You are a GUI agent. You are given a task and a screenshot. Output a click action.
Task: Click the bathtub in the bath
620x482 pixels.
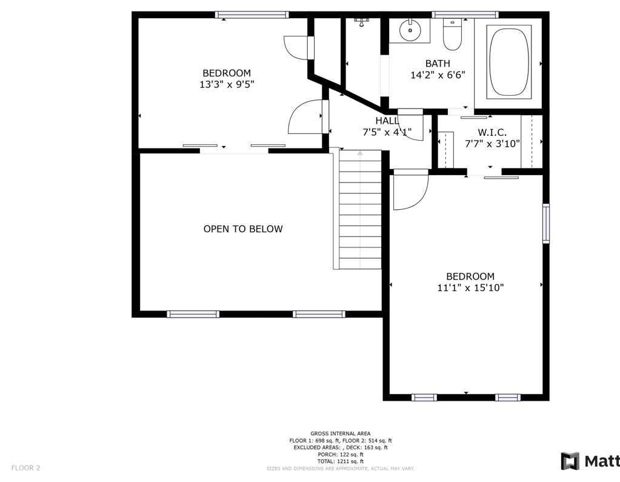(x=509, y=62)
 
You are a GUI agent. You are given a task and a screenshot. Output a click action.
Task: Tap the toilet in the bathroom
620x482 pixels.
(x=452, y=35)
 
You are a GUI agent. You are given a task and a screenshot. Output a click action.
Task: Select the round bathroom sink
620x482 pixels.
(x=410, y=30)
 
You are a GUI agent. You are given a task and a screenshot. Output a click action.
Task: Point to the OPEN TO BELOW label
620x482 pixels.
(x=243, y=229)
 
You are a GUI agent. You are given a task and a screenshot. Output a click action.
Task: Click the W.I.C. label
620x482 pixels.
(x=492, y=132)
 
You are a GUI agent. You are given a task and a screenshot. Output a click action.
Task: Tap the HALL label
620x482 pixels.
(x=387, y=121)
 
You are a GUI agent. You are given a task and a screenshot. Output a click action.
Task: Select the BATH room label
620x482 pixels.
(x=438, y=63)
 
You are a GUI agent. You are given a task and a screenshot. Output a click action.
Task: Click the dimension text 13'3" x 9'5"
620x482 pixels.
(x=227, y=84)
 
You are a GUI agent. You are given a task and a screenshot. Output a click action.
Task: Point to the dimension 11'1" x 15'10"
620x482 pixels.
(x=470, y=287)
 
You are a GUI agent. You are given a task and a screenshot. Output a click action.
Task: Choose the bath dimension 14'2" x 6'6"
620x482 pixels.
(x=438, y=75)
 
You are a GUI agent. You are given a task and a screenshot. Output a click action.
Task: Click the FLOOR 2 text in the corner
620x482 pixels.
(x=25, y=468)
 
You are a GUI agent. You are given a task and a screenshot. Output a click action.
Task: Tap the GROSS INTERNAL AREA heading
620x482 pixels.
(x=341, y=433)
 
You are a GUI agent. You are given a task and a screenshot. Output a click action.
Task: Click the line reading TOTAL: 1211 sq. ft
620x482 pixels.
(x=341, y=461)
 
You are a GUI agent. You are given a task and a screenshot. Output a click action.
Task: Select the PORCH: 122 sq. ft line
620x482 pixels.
(x=341, y=454)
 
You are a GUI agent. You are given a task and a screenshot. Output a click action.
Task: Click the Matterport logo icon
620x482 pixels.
(x=570, y=461)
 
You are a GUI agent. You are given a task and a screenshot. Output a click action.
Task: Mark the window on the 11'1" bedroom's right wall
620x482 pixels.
(x=545, y=223)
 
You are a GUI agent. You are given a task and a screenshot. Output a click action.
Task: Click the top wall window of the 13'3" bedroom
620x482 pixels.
(x=252, y=15)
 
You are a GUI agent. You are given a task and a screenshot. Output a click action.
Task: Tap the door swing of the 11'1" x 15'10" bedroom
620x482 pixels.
(x=410, y=189)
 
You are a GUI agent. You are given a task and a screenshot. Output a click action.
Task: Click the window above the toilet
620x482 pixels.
(x=465, y=15)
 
